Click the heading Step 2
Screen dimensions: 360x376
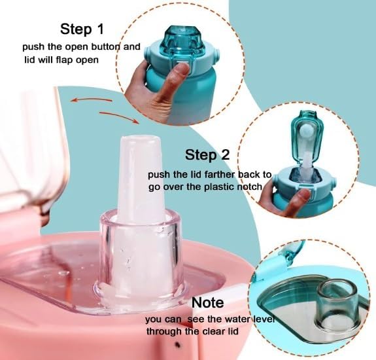pos(207,154)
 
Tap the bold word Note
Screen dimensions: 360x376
pos(207,303)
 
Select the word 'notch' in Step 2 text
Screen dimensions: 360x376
pos(248,187)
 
